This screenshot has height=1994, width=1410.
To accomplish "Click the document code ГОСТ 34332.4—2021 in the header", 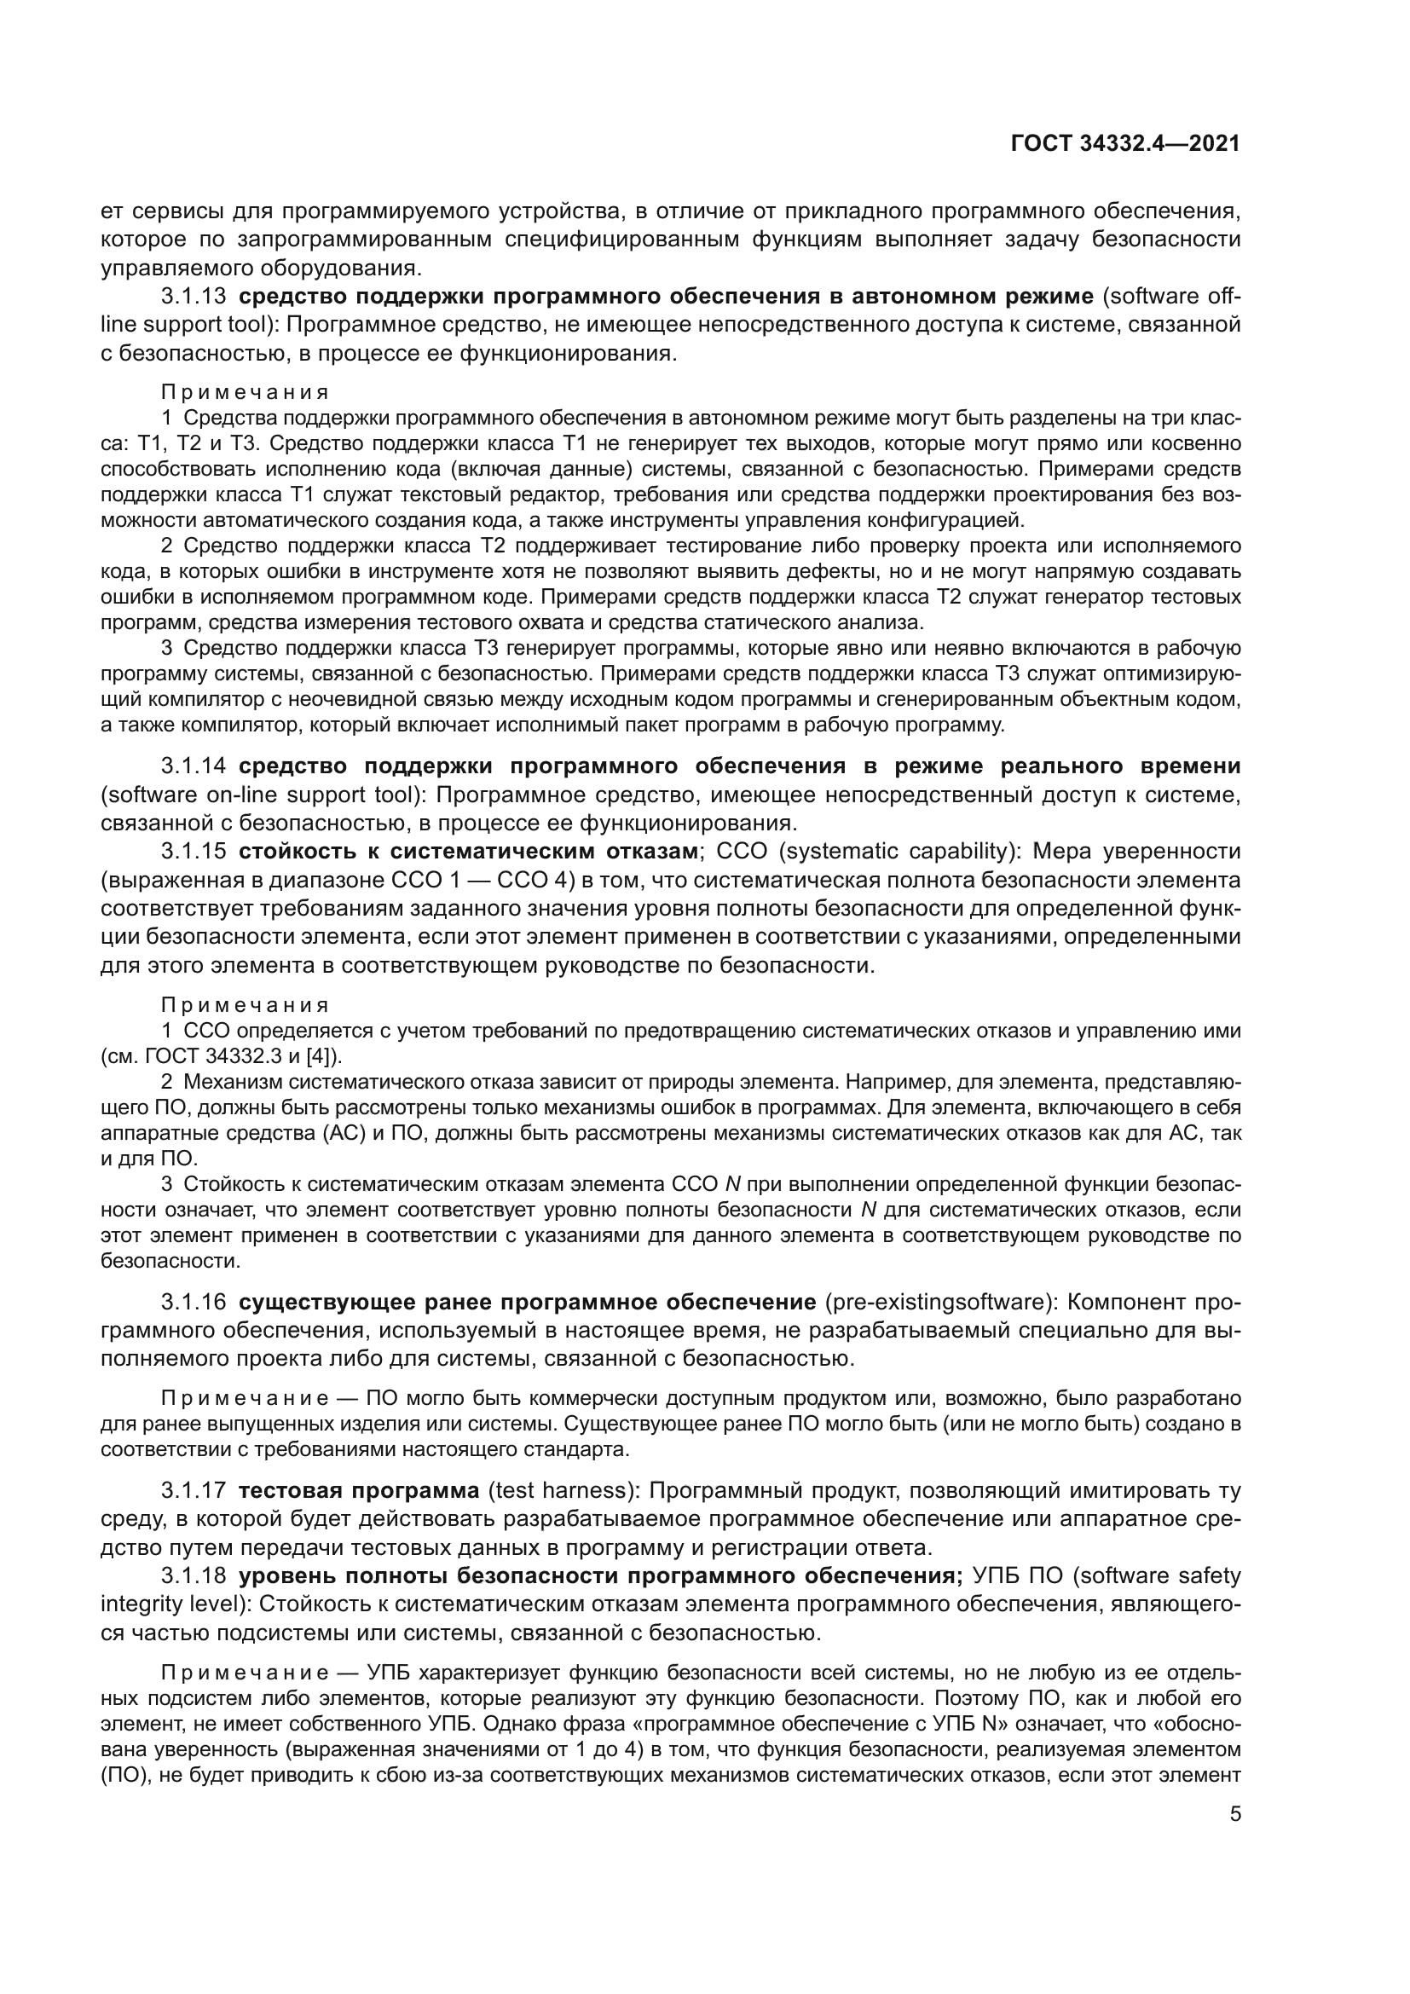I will click(1125, 143).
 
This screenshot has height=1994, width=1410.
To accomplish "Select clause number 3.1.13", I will click(193, 296).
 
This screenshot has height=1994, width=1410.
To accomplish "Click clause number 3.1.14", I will click(193, 766).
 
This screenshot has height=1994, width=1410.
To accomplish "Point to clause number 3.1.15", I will click(193, 850).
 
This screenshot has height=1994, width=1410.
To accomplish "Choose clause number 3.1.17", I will click(193, 1490).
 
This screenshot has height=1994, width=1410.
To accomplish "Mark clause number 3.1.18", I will click(193, 1575).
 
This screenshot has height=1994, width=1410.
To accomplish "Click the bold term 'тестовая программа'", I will click(359, 1490).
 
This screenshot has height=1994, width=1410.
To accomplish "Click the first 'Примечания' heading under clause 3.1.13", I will click(245, 391).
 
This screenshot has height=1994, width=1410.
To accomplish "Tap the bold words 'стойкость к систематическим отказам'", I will click(469, 850).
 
